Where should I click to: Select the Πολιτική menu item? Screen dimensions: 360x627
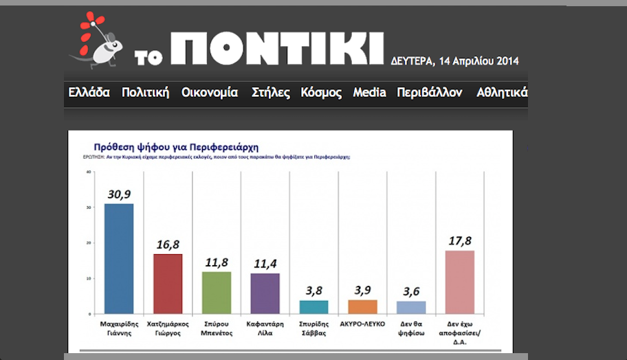145,93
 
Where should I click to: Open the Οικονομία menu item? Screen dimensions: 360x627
210,93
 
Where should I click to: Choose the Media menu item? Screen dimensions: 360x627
369,93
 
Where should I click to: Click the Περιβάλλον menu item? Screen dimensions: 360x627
430,93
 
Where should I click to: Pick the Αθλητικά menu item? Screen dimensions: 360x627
501,93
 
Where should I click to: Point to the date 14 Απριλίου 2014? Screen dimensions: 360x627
487,61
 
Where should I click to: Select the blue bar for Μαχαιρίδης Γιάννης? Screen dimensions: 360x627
118,258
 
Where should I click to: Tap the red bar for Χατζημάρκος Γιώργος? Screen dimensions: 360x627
167,284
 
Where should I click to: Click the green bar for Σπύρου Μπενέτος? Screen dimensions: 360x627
216,293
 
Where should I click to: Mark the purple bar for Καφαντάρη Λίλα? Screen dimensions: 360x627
265,293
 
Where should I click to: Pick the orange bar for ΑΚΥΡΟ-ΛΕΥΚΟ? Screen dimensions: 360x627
362,306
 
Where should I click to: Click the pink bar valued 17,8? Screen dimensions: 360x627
460,282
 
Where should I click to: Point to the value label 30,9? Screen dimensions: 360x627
118,194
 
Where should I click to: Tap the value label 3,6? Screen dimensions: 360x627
411,291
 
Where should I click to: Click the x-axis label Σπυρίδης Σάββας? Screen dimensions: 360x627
313,327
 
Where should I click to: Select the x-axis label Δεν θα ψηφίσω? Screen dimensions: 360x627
411,327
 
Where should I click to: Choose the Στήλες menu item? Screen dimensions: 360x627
271,93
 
